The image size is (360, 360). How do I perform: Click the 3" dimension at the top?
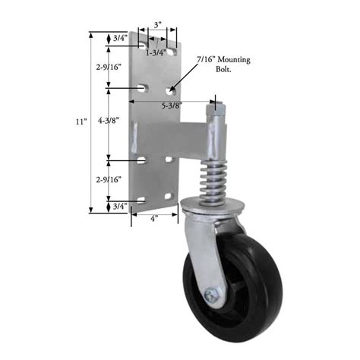pos(157,25)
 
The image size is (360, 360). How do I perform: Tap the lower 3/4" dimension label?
pos(119,206)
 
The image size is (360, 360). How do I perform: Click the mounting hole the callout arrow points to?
pos(169,90)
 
